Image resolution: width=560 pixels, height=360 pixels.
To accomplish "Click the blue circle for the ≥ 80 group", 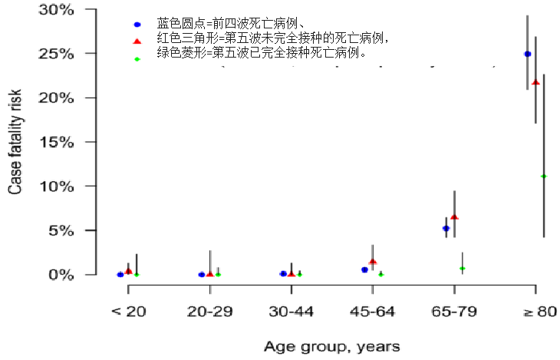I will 527,54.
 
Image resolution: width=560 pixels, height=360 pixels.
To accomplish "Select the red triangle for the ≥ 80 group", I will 535,82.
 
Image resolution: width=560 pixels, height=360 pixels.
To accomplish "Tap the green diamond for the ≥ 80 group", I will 543,176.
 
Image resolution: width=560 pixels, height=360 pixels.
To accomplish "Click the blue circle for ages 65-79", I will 446,228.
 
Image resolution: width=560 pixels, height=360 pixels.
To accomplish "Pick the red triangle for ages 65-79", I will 454,217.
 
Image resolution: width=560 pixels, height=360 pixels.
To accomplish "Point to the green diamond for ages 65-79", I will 462,268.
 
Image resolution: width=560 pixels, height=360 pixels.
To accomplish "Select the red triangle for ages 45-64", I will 373,262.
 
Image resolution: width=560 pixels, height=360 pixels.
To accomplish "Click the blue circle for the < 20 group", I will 120,274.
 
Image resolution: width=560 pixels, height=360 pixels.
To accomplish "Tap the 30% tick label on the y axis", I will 59,10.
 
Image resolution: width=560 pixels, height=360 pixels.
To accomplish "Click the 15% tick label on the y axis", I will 59,142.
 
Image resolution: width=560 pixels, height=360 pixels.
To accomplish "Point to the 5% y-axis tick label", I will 63,230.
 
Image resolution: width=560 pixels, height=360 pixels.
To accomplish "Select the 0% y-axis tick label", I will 63,274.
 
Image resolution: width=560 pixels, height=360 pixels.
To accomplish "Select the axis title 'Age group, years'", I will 331,347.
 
